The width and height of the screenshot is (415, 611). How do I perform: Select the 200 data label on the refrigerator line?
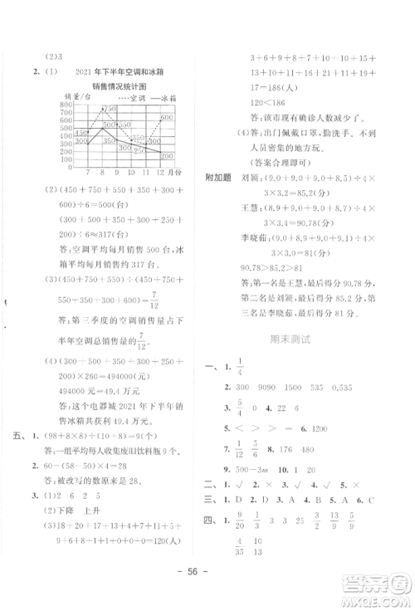tap(166, 156)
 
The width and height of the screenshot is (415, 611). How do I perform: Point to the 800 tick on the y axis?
tap(66, 106)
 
